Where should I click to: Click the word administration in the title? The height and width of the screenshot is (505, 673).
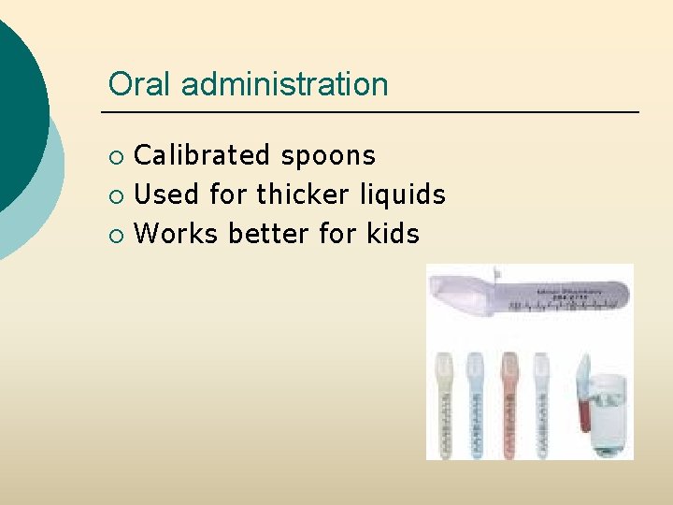click(x=284, y=84)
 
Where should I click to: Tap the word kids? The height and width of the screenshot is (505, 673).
click(x=393, y=233)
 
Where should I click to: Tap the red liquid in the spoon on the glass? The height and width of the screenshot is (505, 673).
click(x=582, y=411)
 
